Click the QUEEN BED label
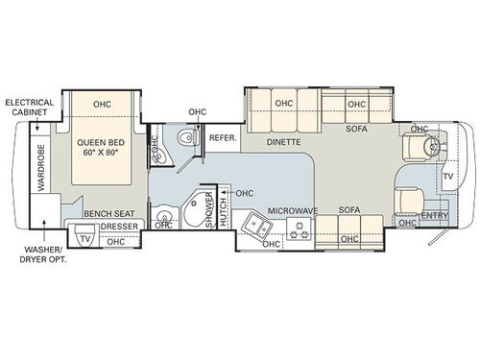coord(102,144)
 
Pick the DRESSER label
coord(116,227)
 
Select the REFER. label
coord(223,138)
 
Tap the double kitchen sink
coord(255,227)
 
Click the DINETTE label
coord(284,142)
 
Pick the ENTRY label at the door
coord(435,216)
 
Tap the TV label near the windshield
coord(447,177)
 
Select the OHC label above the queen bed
coord(102,105)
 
